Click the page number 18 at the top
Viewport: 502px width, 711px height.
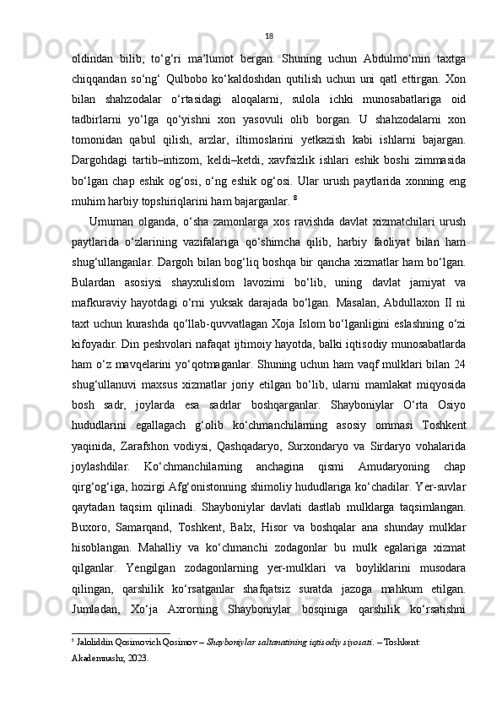[268, 35]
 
